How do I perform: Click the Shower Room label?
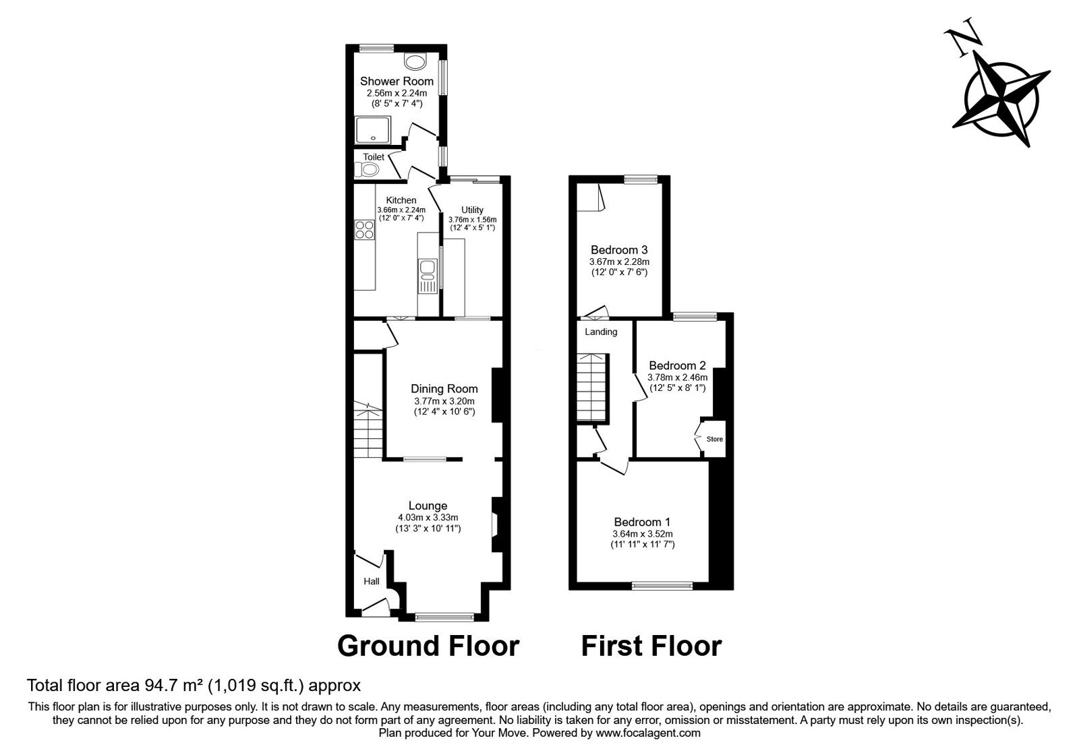coord(397,82)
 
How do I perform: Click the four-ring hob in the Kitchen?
coord(365,230)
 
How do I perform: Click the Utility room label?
coord(472,210)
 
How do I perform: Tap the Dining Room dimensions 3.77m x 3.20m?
coord(444,401)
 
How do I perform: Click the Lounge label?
coord(428,506)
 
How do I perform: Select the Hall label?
coord(372,581)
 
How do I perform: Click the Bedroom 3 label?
coord(619,249)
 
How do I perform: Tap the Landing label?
coord(601,332)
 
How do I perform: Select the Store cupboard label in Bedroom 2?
coord(714,440)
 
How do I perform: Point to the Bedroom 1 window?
coord(662,586)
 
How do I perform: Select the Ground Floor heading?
coord(428,646)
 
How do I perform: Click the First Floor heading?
coord(651,646)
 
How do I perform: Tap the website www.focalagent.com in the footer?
coord(647,733)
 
